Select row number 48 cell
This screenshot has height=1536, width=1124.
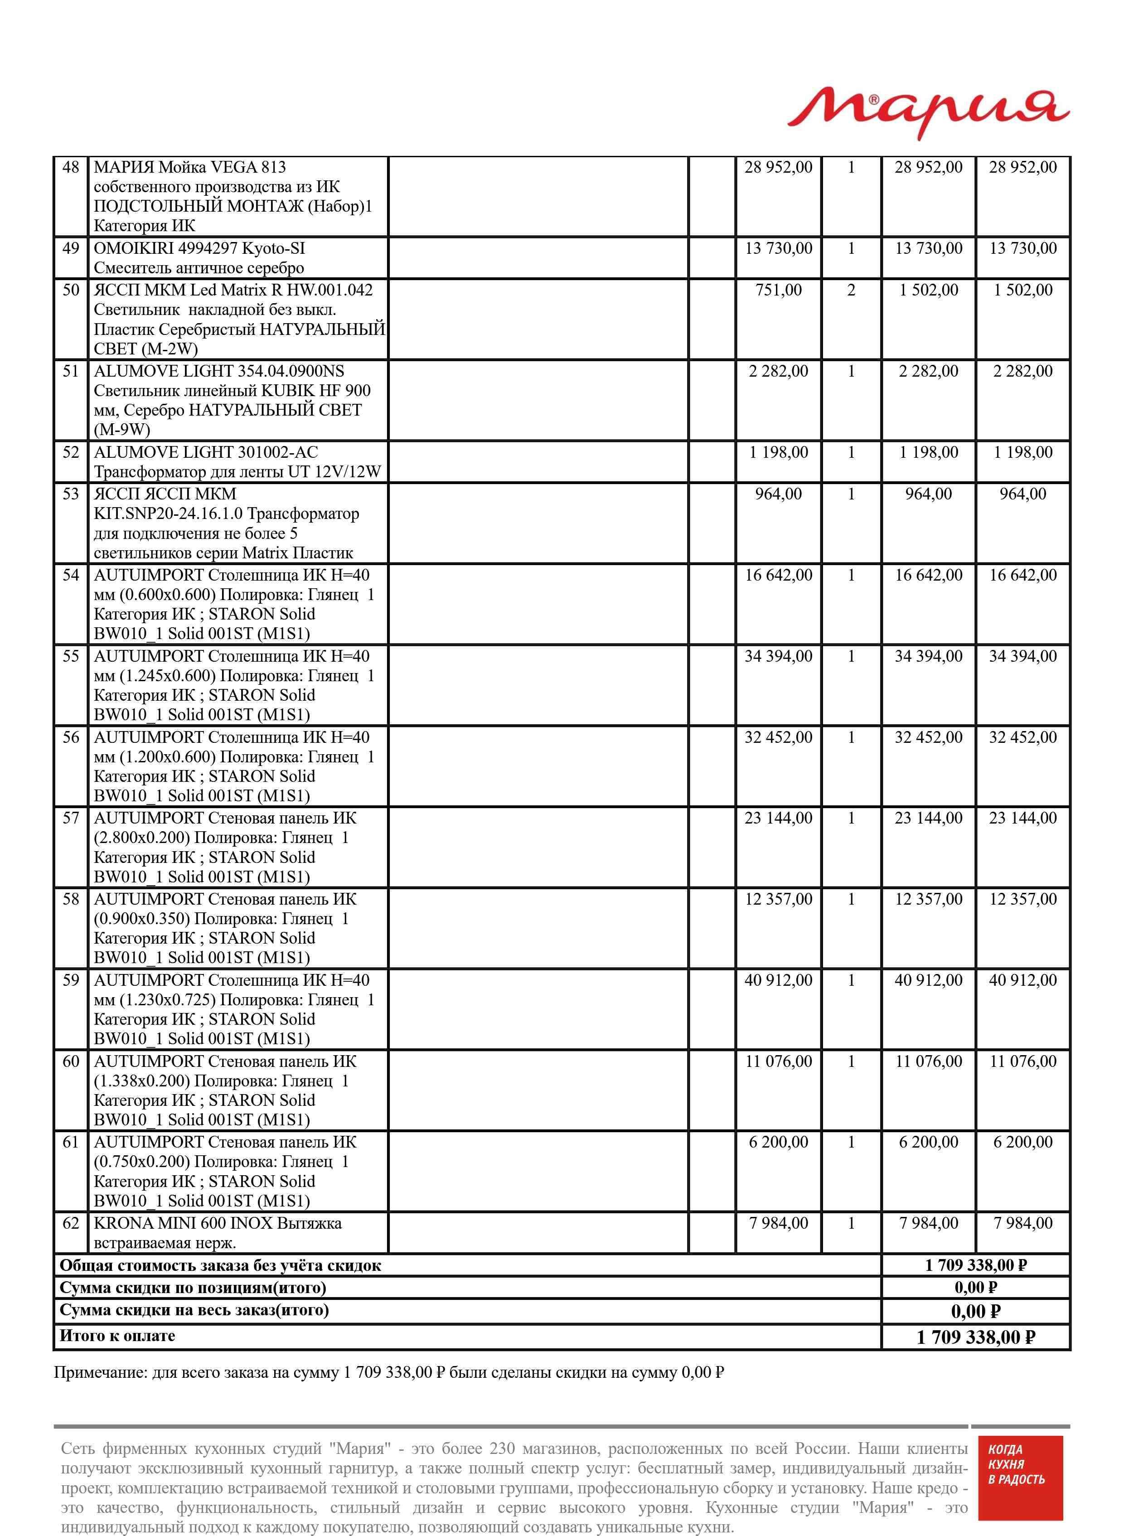pos(71,167)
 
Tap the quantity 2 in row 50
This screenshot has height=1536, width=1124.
pos(851,291)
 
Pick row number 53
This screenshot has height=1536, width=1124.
pos(71,494)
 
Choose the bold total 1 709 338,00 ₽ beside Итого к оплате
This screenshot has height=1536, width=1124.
pos(976,1337)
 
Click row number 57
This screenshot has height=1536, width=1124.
pos(71,819)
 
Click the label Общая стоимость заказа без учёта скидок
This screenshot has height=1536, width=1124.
pos(220,1265)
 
